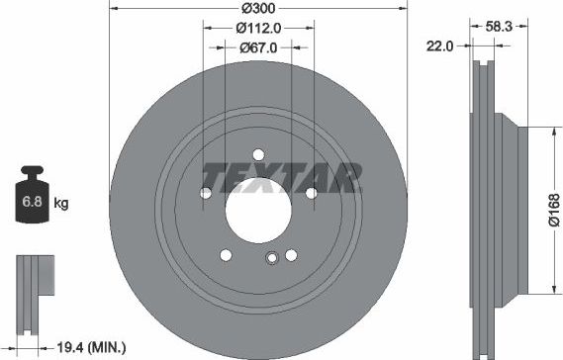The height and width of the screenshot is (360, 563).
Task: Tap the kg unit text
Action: pyautogui.click(x=61, y=205)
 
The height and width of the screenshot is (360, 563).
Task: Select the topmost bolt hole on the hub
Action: pyautogui.click(x=257, y=154)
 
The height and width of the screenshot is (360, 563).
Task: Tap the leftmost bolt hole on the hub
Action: pyautogui.click(x=206, y=193)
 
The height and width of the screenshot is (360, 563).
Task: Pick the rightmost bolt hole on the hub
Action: pyautogui.click(x=310, y=193)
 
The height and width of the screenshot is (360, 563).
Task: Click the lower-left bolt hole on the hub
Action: pyautogui.click(x=226, y=255)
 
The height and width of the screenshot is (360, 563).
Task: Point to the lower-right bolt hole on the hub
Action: pyautogui.click(x=290, y=255)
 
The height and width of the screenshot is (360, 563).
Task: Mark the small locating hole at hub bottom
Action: pyautogui.click(x=270, y=260)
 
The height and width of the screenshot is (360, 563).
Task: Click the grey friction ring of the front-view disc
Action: pyautogui.click(x=148, y=247)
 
